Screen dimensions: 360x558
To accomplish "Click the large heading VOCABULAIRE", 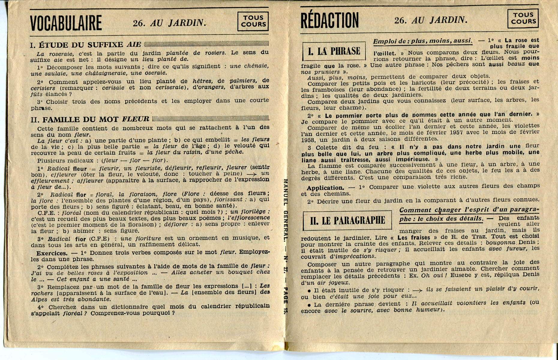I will pyautogui.click(x=66, y=23).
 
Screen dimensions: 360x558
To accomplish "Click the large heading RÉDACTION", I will pyautogui.click(x=329, y=20).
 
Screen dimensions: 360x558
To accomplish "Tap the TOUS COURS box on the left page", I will pyautogui.click(x=253, y=21).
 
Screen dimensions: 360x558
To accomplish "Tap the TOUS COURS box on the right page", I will pyautogui.click(x=523, y=18).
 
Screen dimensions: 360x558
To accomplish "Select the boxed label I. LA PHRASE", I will pyautogui.click(x=334, y=51).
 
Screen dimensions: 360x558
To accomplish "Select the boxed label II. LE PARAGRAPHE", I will pyautogui.click(x=347, y=221).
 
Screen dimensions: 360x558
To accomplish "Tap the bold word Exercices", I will pyautogui.click(x=52, y=253).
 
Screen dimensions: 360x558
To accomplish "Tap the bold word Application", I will pyautogui.click(x=325, y=188).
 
